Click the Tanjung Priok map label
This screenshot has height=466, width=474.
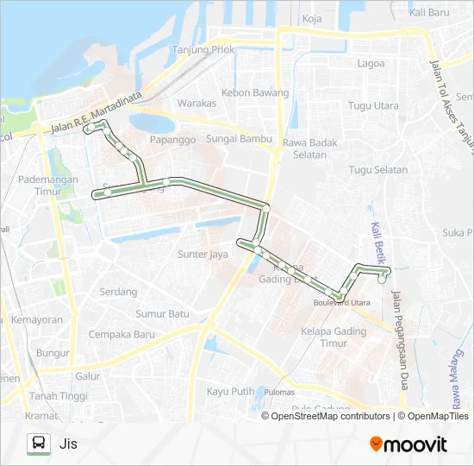coord(206,49)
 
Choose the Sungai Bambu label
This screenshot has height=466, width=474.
coord(240,139)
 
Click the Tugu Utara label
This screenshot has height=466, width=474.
coord(373,106)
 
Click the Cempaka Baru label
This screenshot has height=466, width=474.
coord(121,334)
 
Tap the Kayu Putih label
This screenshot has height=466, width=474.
coord(230,391)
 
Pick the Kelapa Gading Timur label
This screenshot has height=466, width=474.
coord(324,337)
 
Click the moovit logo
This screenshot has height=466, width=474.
coord(409,444)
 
